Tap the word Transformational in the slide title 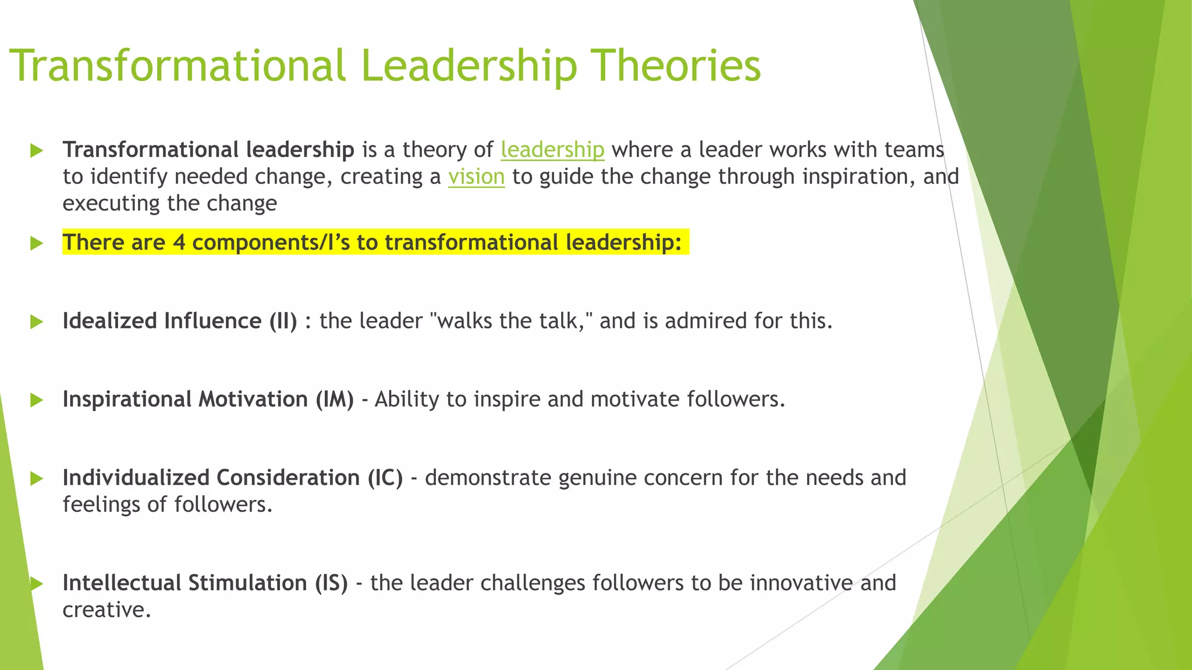(x=178, y=65)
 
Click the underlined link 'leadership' (x=552, y=150)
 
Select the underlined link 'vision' (x=476, y=177)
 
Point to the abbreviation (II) (x=283, y=321)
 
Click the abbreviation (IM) (x=335, y=400)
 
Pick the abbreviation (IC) (x=385, y=478)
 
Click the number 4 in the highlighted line (x=179, y=243)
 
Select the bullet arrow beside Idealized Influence (x=37, y=322)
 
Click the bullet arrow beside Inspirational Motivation (x=37, y=400)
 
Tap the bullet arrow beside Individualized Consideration (x=37, y=479)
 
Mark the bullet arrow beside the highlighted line (x=37, y=243)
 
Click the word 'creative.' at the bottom (x=107, y=610)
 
